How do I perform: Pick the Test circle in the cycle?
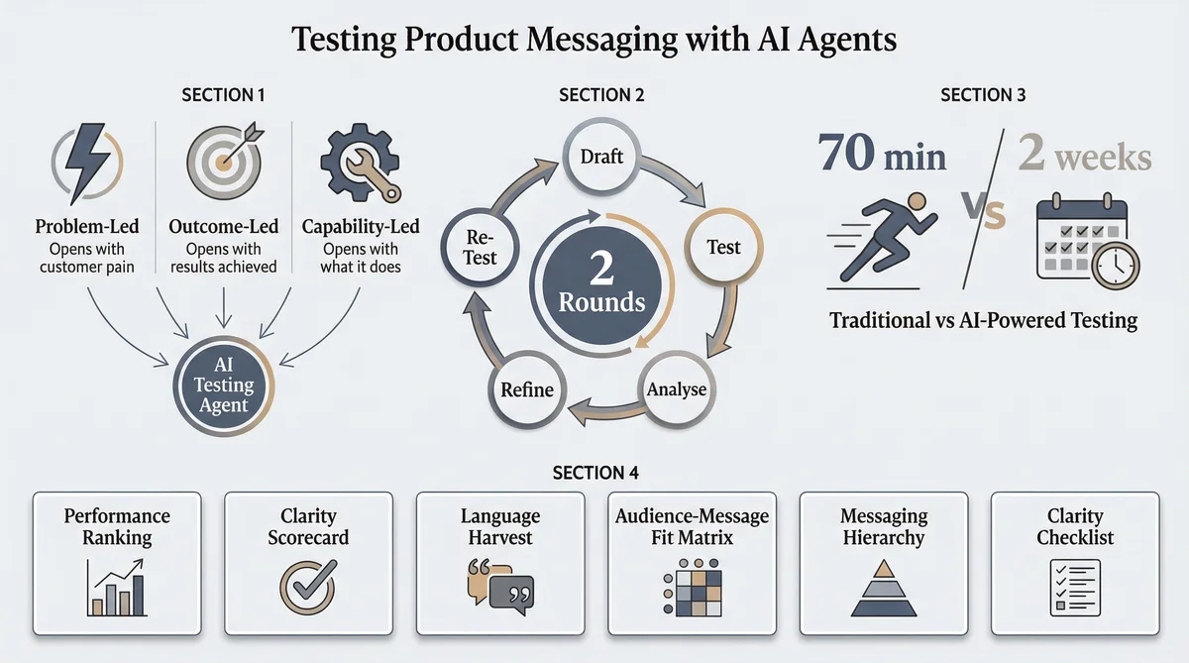(723, 247)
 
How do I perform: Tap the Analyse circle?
(676, 388)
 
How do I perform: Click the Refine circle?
(527, 389)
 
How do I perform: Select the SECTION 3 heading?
(982, 95)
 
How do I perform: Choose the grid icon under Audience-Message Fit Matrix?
(692, 589)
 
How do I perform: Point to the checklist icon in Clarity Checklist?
(1075, 585)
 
